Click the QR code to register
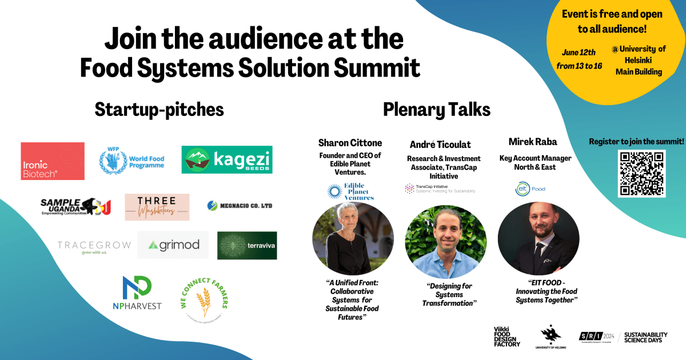641,173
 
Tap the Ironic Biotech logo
53,161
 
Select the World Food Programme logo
132,158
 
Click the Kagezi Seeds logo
227,160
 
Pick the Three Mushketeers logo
157,207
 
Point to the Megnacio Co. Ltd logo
240,205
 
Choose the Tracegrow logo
94,246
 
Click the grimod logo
173,245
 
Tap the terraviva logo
247,246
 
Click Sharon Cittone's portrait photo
353,238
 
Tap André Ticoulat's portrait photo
446,242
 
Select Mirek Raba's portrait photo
539,238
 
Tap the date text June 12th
579,52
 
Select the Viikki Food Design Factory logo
507,337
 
